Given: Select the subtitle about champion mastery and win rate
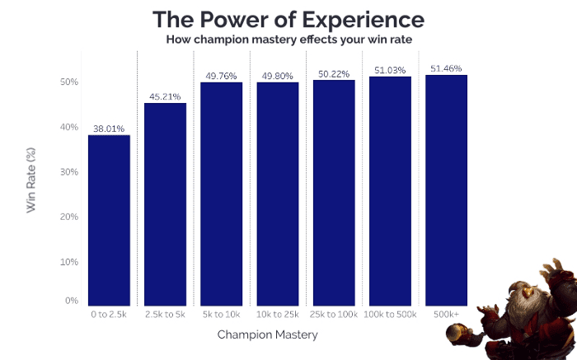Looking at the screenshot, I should (x=288, y=39).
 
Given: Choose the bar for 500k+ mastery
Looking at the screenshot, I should (x=446, y=190).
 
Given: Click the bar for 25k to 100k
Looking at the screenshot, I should (x=334, y=193).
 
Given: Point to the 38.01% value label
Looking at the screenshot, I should (x=109, y=129).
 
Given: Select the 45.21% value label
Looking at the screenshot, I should (x=165, y=96).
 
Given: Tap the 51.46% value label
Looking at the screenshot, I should (x=446, y=68).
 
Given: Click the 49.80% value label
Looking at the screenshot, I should (x=278, y=76).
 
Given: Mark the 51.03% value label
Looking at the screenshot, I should (x=390, y=70).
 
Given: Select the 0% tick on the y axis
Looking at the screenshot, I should (x=72, y=302).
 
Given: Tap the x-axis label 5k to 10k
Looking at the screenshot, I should (x=221, y=315).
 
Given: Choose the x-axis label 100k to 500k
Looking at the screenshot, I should (x=390, y=315).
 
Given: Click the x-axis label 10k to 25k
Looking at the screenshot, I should (x=278, y=315).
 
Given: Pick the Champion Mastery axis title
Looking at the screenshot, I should (x=267, y=335).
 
